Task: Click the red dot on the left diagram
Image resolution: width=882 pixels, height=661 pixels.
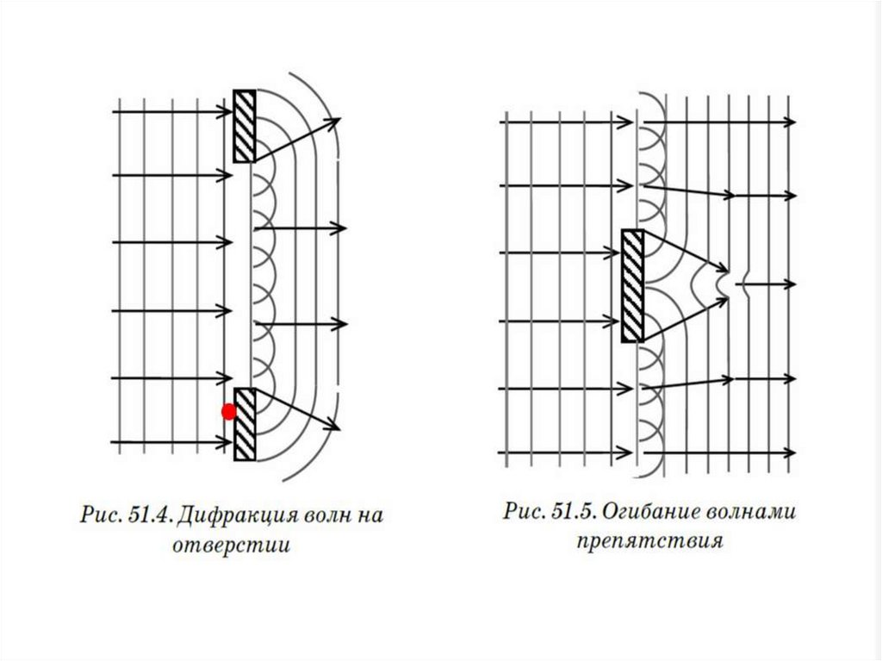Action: (229, 412)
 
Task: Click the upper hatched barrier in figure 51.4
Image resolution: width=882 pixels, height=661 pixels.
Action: (245, 126)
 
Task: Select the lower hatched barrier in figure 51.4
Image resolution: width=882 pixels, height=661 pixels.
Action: (245, 423)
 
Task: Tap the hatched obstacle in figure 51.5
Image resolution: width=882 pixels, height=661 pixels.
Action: (632, 285)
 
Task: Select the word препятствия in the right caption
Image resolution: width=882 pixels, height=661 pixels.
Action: (649, 542)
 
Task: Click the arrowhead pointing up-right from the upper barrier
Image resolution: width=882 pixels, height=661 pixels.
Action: (336, 122)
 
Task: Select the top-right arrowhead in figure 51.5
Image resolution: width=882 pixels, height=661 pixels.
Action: (790, 123)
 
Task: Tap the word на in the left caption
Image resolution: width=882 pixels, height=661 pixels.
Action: (370, 517)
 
